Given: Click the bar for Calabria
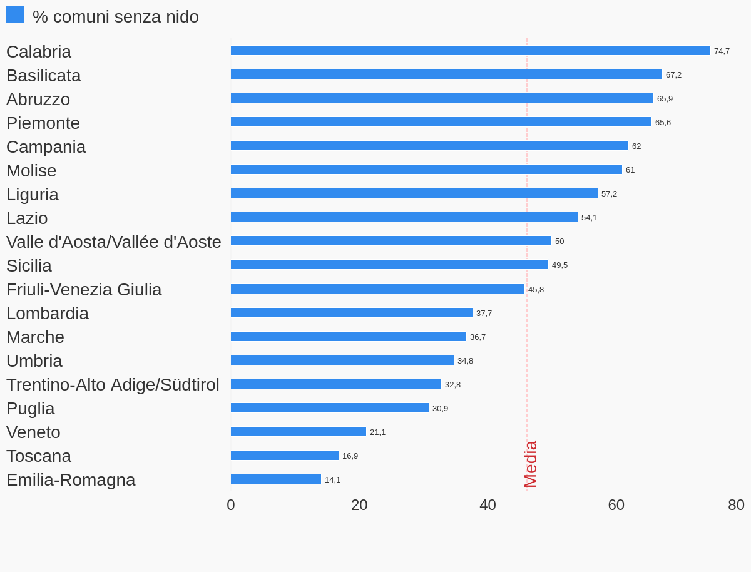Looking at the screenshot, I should click(x=470, y=51).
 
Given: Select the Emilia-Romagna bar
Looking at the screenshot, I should click(x=276, y=479).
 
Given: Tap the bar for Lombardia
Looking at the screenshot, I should click(x=352, y=313).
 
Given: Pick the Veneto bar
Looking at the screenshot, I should click(x=299, y=432).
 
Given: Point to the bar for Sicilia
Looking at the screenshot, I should click(x=389, y=265).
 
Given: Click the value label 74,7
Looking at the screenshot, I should click(x=722, y=51).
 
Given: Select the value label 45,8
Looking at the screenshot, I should click(x=536, y=290).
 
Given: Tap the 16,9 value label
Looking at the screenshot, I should click(x=350, y=456).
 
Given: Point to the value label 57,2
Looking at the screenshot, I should click(x=609, y=194).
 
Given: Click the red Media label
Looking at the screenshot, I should click(x=530, y=464).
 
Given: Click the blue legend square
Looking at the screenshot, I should click(x=15, y=15).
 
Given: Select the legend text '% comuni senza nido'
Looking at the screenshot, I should click(x=116, y=17).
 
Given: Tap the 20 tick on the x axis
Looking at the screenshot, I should click(x=359, y=505).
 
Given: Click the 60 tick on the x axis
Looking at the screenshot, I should click(x=616, y=505).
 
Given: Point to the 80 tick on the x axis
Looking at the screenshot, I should click(x=736, y=505).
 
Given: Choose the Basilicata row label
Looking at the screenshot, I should click(x=44, y=76).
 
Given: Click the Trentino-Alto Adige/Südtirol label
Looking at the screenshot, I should click(x=113, y=385).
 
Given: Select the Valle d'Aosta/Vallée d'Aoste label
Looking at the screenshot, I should click(x=114, y=242).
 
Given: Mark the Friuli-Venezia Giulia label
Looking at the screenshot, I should click(x=84, y=290).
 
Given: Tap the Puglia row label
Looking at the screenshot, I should click(x=31, y=409).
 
